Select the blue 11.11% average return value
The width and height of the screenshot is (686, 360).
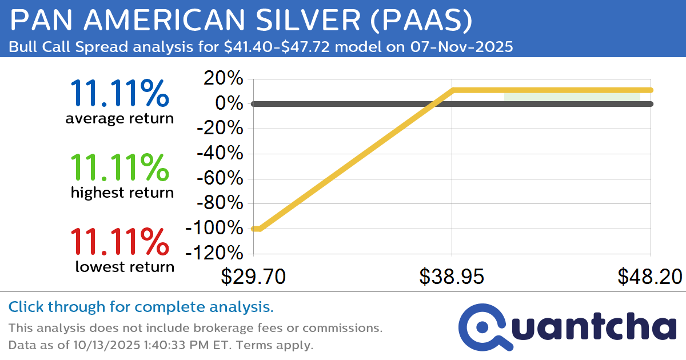[119, 94]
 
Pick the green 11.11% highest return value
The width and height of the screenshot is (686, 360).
[119, 167]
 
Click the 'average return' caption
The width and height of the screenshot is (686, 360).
[119, 119]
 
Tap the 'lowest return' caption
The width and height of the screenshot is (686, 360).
[125, 267]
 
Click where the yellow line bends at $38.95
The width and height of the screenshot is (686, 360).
[452, 90]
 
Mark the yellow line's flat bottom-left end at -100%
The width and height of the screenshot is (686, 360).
[256, 229]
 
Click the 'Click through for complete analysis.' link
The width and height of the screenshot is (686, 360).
[141, 307]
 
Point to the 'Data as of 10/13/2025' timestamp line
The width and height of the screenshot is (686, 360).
[161, 346]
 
